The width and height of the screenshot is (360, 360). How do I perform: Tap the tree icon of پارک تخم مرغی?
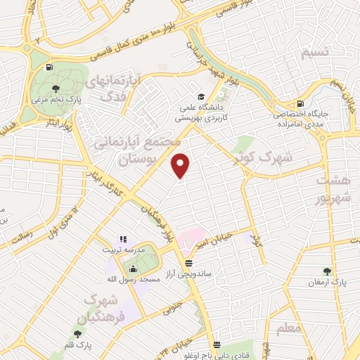point(56,88)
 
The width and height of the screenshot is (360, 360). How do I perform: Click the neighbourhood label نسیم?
point(314,53)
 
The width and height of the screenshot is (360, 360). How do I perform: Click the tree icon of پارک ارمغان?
point(326,271)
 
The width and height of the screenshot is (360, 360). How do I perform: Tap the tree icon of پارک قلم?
point(77,333)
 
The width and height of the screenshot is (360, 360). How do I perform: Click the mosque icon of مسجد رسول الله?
point(134,268)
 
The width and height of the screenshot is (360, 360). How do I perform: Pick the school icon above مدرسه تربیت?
point(123,240)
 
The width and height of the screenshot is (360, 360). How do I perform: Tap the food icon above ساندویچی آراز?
point(187,263)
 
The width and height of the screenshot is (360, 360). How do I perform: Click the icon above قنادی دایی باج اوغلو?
point(217,345)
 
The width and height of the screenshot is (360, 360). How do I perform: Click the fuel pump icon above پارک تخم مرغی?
point(49,67)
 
